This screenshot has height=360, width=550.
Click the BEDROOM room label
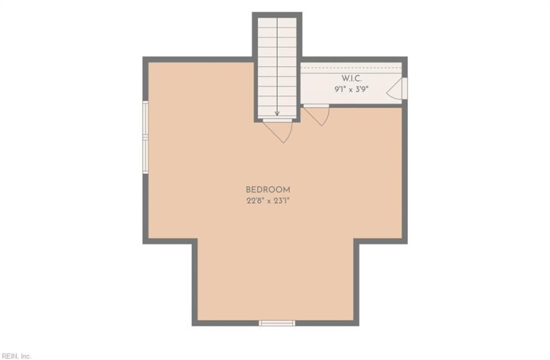[268, 190]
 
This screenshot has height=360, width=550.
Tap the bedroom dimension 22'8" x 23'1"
[268, 201]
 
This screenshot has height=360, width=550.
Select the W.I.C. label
[351, 78]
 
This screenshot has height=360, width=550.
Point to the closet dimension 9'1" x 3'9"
[351, 89]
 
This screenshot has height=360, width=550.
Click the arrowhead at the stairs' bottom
[277, 113]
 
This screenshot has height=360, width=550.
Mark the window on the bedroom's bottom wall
[277, 323]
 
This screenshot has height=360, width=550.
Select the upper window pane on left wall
[145, 119]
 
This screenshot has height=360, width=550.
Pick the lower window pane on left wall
[145, 155]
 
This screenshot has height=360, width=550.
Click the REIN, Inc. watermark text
[16, 356]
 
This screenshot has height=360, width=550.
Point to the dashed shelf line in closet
[351, 67]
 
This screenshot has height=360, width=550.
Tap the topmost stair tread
[278, 23]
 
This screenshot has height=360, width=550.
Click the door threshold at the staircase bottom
[278, 121]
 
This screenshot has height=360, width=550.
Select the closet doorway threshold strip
[316, 106]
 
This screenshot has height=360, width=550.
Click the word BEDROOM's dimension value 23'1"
[280, 201]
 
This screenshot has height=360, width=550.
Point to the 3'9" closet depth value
[362, 89]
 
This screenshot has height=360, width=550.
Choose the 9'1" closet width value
[340, 89]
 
